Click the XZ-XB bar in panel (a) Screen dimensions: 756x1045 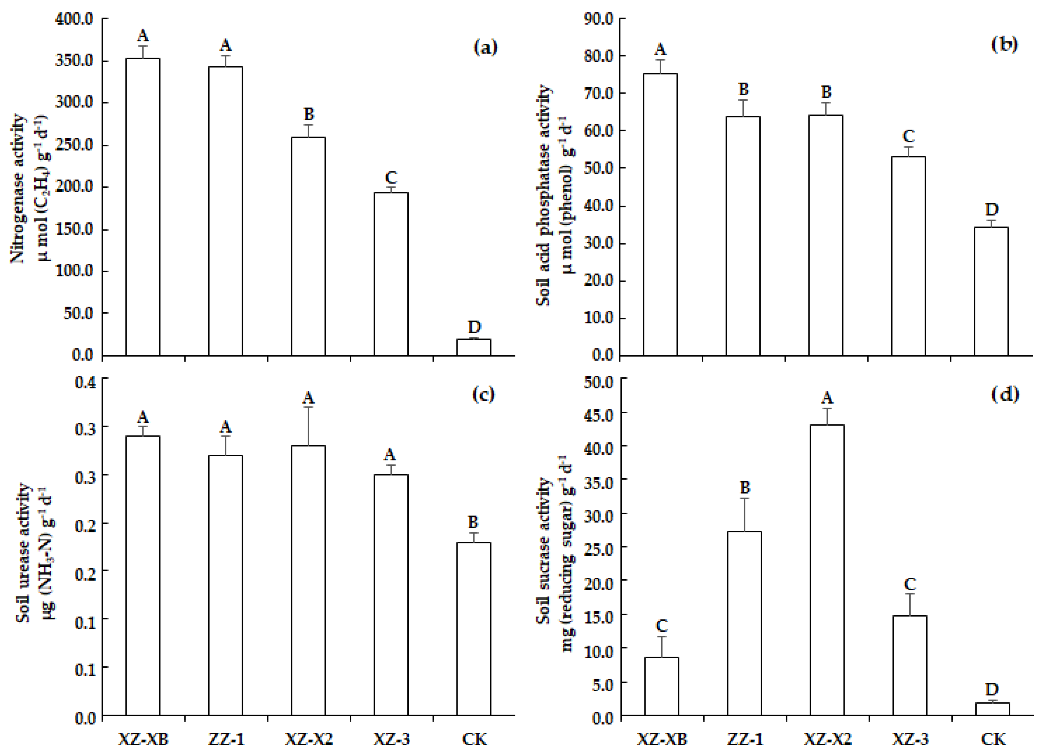[143, 207]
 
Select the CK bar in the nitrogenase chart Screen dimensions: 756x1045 [474, 347]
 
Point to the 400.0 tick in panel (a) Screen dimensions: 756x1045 [74, 19]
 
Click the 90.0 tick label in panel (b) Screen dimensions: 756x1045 [598, 19]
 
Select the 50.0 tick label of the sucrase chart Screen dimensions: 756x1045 [598, 383]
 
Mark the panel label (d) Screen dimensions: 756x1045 [1005, 394]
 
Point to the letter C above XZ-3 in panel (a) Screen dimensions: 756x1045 [391, 178]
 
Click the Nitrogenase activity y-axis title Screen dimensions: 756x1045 [18, 189]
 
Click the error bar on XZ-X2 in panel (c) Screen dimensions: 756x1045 [308, 426]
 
